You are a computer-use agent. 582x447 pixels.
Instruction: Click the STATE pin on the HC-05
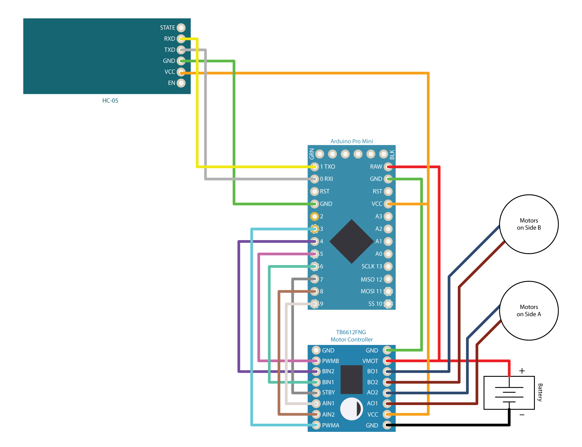coord(181,28)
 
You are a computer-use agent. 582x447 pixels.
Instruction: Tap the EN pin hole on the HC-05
coord(181,83)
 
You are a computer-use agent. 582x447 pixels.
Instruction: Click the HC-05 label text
coord(110,101)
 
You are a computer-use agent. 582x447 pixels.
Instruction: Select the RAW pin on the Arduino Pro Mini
coord(388,167)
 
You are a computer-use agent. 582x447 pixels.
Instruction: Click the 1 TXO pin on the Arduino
coord(314,167)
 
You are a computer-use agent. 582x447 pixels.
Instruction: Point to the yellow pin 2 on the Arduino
coord(314,217)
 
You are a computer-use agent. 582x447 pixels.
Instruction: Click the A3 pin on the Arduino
coord(388,217)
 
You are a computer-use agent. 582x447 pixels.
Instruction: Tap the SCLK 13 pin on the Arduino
coord(388,266)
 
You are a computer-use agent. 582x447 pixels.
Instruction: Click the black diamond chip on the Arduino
coord(352,241)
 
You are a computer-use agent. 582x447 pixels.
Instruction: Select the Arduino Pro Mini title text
coord(352,141)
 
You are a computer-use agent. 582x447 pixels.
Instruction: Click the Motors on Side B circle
coord(529,224)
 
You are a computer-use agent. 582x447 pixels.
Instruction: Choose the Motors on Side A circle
coord(529,311)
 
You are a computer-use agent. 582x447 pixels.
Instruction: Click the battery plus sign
coord(522,371)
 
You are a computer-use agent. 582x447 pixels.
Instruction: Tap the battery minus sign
coord(522,415)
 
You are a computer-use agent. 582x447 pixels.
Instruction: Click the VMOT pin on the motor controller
coord(387,361)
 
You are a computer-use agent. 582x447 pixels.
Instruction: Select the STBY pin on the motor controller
coord(316,393)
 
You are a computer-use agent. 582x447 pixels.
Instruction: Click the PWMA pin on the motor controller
coord(316,425)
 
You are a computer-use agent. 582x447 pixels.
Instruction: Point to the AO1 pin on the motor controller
coord(387,404)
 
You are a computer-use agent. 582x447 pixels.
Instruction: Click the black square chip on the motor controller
coord(351,380)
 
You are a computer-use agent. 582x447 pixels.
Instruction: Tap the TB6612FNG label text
coord(351,332)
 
